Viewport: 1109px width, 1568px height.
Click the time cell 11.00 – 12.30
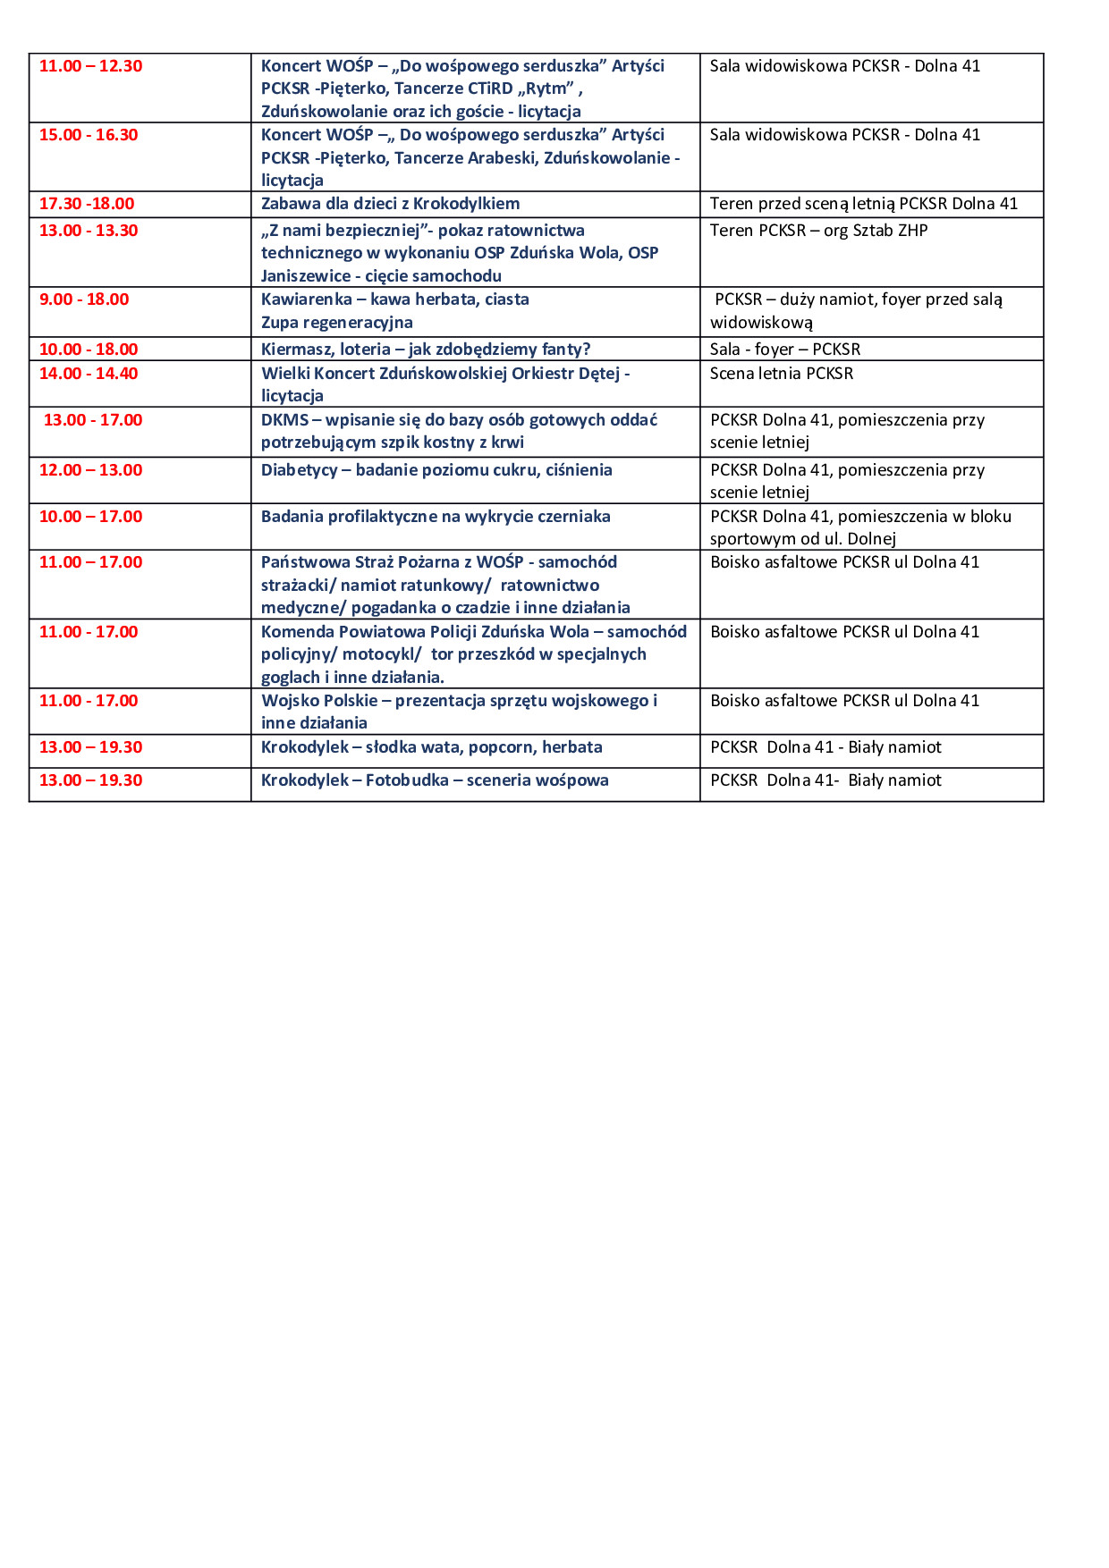[x=90, y=66]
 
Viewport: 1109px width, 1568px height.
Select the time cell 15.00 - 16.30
[x=89, y=135]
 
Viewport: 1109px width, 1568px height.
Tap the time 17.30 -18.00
[x=87, y=204]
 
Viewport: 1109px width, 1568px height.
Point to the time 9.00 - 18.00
[x=84, y=299]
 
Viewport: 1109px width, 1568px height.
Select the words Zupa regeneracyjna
[x=336, y=323]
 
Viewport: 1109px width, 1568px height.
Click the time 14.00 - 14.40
[x=89, y=374]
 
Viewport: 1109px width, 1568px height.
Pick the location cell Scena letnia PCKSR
[x=782, y=374]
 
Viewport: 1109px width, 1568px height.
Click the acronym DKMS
[x=284, y=420]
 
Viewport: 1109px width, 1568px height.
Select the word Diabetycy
[x=300, y=470]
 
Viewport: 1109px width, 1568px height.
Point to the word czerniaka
[x=574, y=517]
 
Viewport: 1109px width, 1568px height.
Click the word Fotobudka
[x=407, y=780]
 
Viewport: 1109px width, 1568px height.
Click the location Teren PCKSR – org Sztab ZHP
[x=818, y=231]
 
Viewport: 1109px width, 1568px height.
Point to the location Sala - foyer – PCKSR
[x=785, y=350]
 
